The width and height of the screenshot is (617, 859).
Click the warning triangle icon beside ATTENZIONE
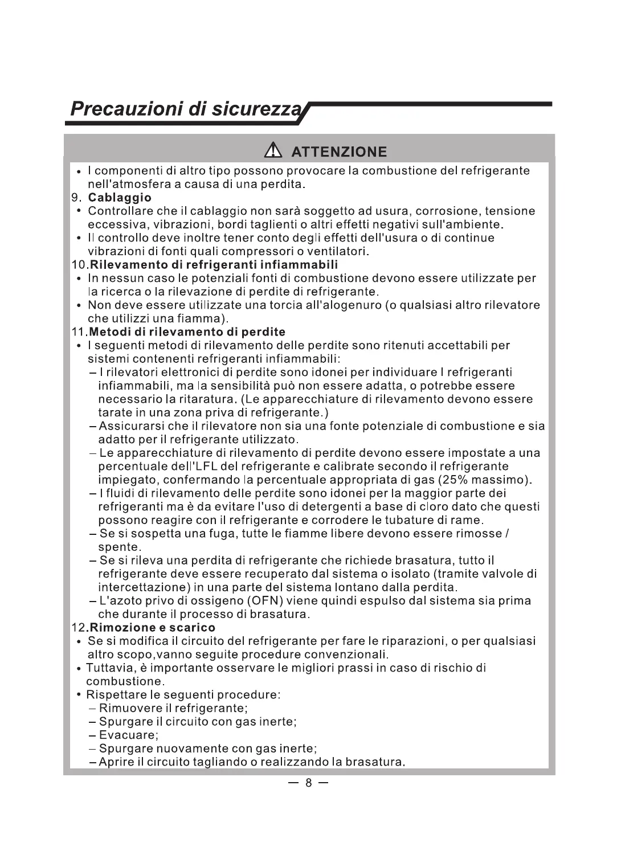coord(273,151)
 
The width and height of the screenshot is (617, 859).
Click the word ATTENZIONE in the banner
coord(339,152)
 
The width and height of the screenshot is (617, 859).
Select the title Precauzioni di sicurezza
coord(189,109)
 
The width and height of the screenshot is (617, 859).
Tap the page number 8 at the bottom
coord(308,783)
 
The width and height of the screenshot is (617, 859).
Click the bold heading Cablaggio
coord(120,198)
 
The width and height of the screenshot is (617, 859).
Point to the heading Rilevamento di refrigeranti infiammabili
coord(214,264)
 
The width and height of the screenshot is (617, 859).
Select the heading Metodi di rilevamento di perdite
coord(188,332)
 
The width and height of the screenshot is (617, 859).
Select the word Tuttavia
coord(107,668)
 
